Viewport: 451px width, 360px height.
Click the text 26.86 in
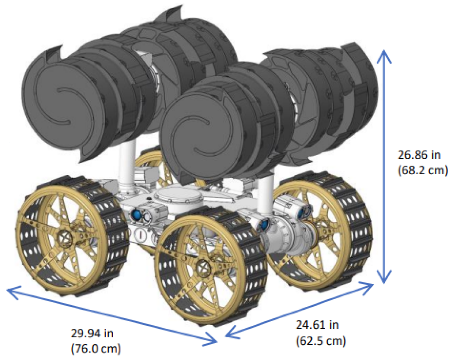[x=419, y=155]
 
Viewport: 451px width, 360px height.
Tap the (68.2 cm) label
[x=423, y=170]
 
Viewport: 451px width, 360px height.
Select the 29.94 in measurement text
[x=92, y=333]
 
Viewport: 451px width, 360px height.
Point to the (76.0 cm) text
[x=96, y=348]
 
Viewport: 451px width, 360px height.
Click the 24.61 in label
[x=317, y=325]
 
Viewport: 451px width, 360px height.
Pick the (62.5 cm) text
[x=321, y=340]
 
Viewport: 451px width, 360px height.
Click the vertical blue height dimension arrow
[x=384, y=165]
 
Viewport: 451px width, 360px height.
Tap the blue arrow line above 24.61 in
[x=300, y=310]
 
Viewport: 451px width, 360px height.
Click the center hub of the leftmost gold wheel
[x=65, y=237]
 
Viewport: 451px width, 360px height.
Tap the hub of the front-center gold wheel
[x=203, y=267]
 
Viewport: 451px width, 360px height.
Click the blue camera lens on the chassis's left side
[x=136, y=215]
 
